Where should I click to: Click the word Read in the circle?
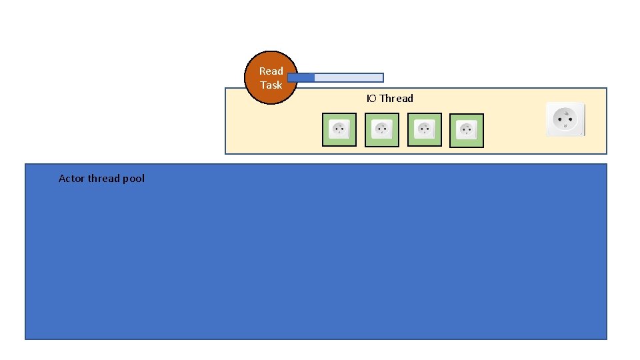(x=271, y=71)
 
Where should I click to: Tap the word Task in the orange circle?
(x=271, y=85)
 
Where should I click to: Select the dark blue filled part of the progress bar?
(x=301, y=77)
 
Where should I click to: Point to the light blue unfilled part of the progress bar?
(x=348, y=77)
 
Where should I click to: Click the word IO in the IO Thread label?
(x=371, y=99)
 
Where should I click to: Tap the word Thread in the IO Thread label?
(x=396, y=99)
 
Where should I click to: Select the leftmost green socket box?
(x=339, y=129)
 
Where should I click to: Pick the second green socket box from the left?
(x=382, y=129)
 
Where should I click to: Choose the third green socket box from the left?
(x=424, y=129)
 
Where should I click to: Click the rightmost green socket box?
(x=467, y=130)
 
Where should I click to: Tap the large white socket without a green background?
(x=565, y=119)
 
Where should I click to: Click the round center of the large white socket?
(x=565, y=119)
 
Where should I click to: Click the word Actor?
(x=72, y=179)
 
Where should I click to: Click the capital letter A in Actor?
(x=62, y=179)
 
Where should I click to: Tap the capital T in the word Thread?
(x=383, y=99)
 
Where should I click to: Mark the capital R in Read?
(x=263, y=71)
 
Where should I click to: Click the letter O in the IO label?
(x=373, y=99)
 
